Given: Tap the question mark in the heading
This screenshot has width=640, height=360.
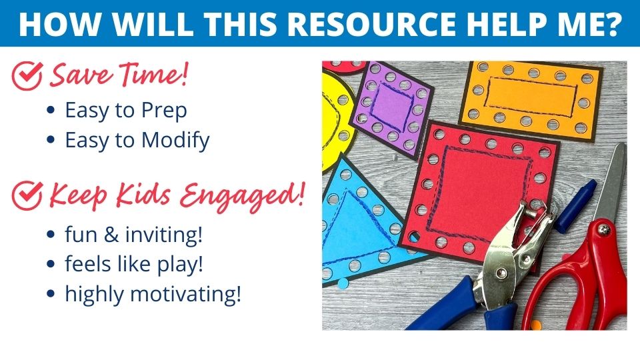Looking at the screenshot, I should pos(611,23).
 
